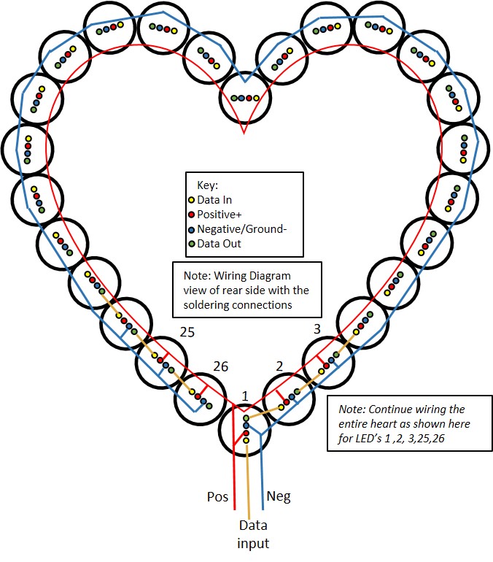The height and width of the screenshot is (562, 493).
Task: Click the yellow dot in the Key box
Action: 192,199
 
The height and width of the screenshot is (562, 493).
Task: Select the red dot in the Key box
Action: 192,214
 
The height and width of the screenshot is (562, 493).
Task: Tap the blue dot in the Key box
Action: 192,229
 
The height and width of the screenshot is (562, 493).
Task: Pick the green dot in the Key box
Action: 192,244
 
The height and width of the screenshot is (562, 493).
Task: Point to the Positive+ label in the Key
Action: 225,214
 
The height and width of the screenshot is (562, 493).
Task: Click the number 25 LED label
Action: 188,333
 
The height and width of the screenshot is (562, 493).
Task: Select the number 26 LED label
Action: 221,367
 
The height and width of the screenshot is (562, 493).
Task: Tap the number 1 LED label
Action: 245,396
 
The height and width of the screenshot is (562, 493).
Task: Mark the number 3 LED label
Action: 317,329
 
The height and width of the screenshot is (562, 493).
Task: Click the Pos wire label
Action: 218,497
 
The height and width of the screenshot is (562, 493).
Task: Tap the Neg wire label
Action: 279,497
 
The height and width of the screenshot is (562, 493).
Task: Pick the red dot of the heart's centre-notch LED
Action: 249,98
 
